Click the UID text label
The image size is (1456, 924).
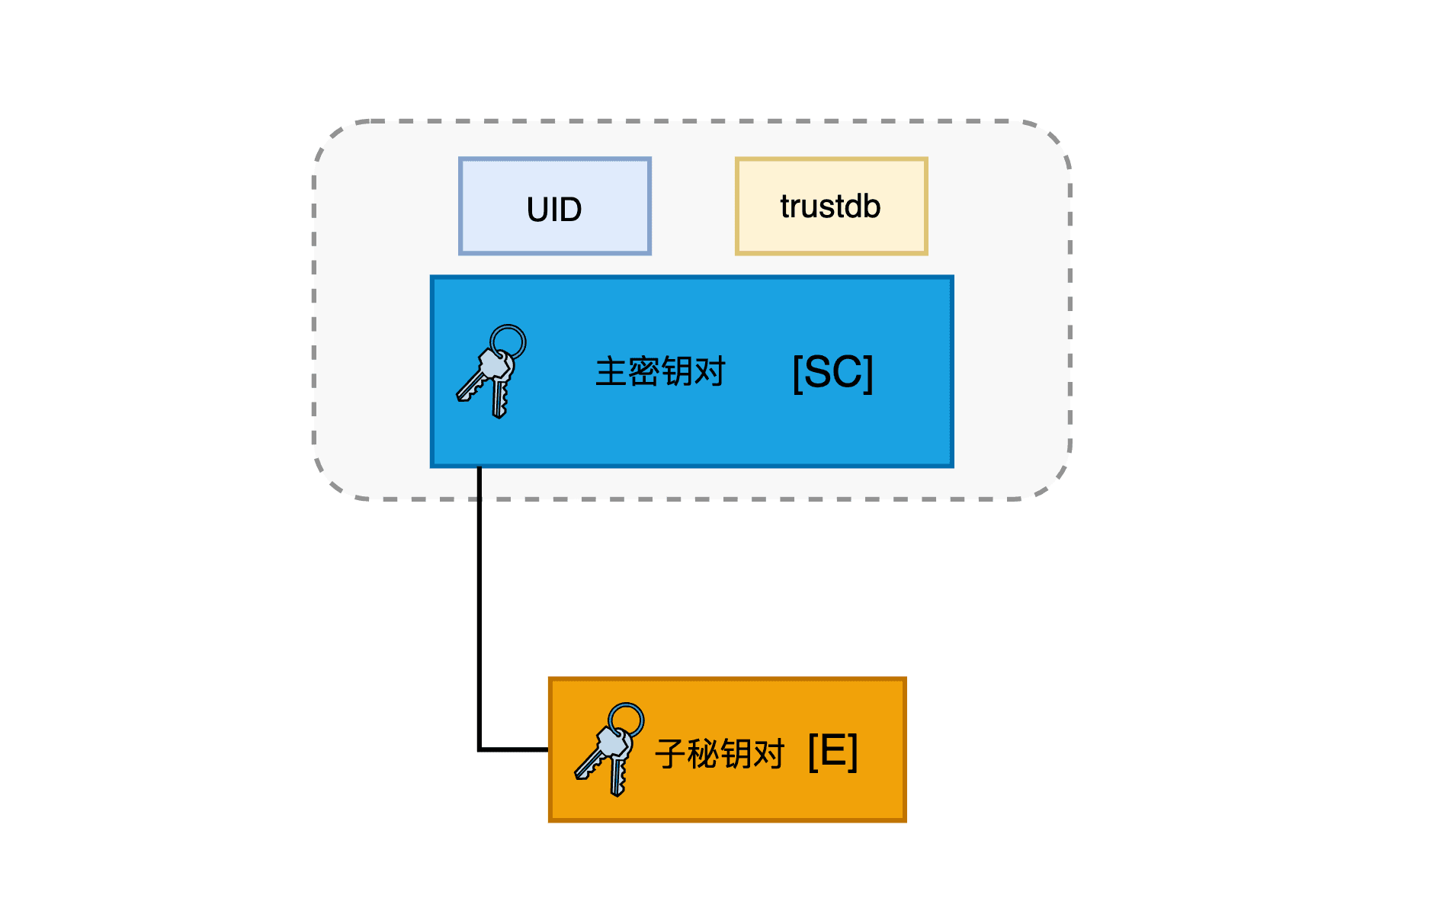click(554, 209)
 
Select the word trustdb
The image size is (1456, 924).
click(830, 207)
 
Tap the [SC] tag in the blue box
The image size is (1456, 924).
click(832, 373)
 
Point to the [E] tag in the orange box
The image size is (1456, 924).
click(832, 752)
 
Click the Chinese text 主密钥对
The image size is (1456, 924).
click(660, 372)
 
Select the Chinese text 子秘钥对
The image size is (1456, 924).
click(720, 754)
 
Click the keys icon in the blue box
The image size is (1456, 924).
click(492, 373)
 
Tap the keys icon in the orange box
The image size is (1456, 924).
click(609, 750)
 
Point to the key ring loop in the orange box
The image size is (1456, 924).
click(627, 720)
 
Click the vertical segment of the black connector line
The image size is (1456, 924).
click(479, 610)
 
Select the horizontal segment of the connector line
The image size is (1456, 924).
click(515, 750)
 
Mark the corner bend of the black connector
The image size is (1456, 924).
click(479, 750)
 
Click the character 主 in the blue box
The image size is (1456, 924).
click(611, 372)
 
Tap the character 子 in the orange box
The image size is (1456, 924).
click(670, 754)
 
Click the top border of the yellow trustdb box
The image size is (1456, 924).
click(831, 159)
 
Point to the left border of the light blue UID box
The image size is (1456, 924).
click(460, 206)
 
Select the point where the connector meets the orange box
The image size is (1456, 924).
click(549, 750)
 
